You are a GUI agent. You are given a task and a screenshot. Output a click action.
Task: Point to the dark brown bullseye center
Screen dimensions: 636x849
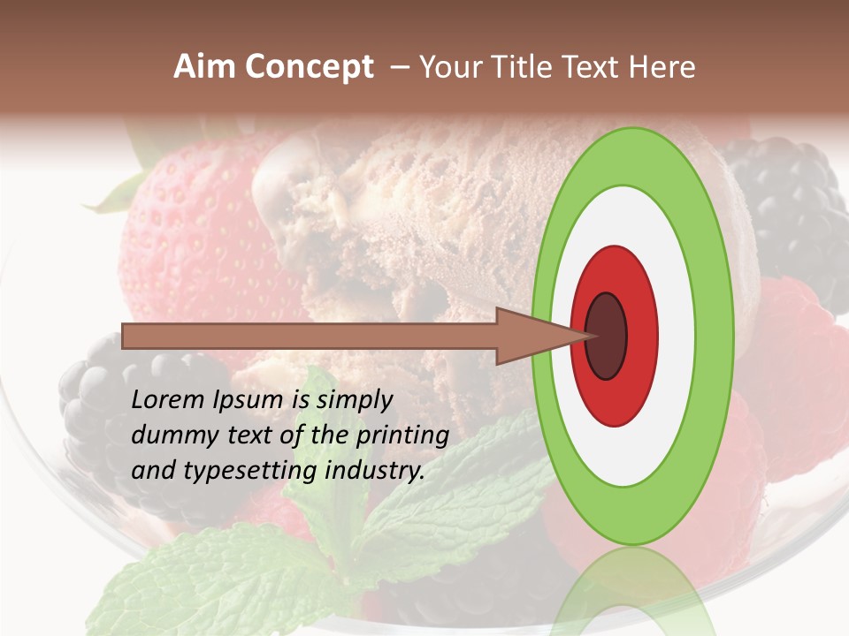606,337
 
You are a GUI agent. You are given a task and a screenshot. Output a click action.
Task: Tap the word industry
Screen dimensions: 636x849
374,471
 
